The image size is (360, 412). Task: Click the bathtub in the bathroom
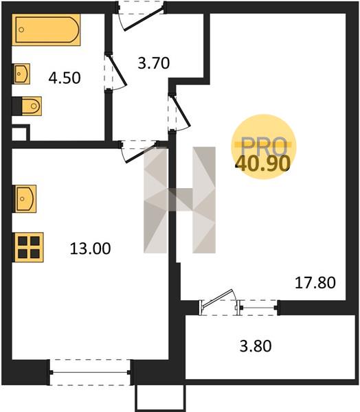pyautogui.click(x=46, y=30)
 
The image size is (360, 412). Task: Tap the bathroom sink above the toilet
pyautogui.click(x=21, y=73)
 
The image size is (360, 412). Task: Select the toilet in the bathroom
pyautogui.click(x=27, y=106)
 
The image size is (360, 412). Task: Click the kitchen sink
pyautogui.click(x=24, y=198)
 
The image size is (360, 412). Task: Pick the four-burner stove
pyautogui.click(x=28, y=247)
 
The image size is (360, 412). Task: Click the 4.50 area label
pyautogui.click(x=65, y=78)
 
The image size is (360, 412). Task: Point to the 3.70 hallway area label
pyautogui.click(x=154, y=63)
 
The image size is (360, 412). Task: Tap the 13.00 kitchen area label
pyautogui.click(x=90, y=249)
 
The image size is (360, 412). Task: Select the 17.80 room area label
pyautogui.click(x=315, y=283)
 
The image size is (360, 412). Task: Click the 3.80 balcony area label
pyautogui.click(x=256, y=346)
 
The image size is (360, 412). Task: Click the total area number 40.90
pyautogui.click(x=263, y=163)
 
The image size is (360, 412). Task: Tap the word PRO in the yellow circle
pyautogui.click(x=264, y=146)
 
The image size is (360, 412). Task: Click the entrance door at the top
pyautogui.click(x=141, y=16)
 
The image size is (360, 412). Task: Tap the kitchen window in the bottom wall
pyautogui.click(x=90, y=372)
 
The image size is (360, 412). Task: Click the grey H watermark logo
pyautogui.click(x=179, y=200)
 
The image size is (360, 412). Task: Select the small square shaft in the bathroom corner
pyautogui.click(x=21, y=133)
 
